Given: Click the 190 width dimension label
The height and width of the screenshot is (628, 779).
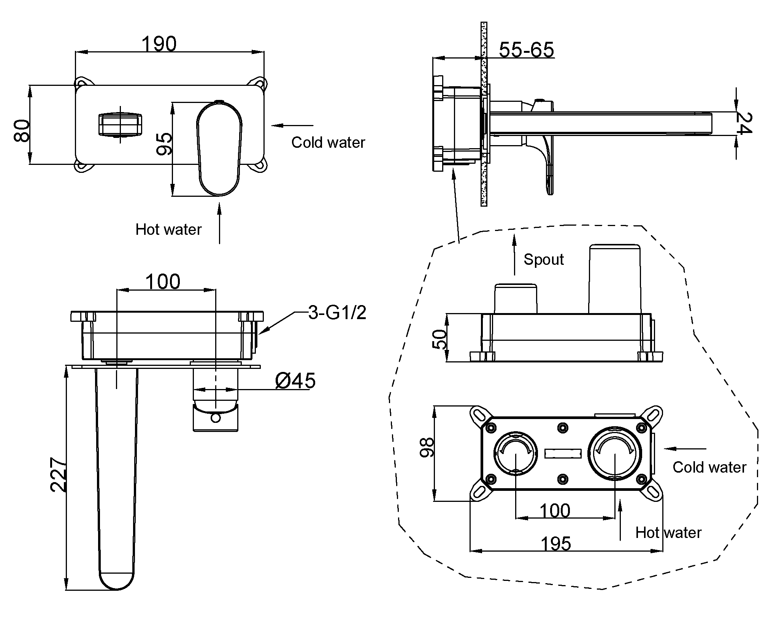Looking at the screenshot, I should click(x=159, y=44).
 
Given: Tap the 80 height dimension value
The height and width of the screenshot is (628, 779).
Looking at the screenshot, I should click(x=22, y=130).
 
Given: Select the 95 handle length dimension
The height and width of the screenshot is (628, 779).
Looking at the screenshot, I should click(x=164, y=144).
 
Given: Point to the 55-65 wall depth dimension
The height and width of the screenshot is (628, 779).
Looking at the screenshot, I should click(x=526, y=50).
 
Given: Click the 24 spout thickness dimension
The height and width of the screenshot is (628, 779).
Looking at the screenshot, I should click(x=744, y=123).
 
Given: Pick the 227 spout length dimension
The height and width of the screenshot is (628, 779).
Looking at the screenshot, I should click(x=59, y=475).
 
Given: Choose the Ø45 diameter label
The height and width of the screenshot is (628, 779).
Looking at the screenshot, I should click(x=295, y=380).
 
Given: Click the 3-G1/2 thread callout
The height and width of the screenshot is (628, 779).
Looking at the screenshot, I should click(x=337, y=313).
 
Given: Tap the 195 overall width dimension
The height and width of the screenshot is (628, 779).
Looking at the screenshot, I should click(x=555, y=544).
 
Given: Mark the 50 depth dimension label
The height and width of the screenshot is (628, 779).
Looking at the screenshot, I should click(x=439, y=339).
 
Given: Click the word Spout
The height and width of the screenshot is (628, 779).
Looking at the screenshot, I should click(x=543, y=259).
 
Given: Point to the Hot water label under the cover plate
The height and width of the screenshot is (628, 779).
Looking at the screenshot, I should click(x=168, y=229).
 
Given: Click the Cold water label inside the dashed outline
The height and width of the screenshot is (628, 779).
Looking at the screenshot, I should click(x=709, y=467).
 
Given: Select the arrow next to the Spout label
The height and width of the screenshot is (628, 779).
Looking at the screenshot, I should click(x=514, y=255).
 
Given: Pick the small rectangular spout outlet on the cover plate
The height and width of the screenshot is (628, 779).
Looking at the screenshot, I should click(x=121, y=124).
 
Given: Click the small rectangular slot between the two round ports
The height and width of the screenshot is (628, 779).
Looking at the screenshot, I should click(x=563, y=454).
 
